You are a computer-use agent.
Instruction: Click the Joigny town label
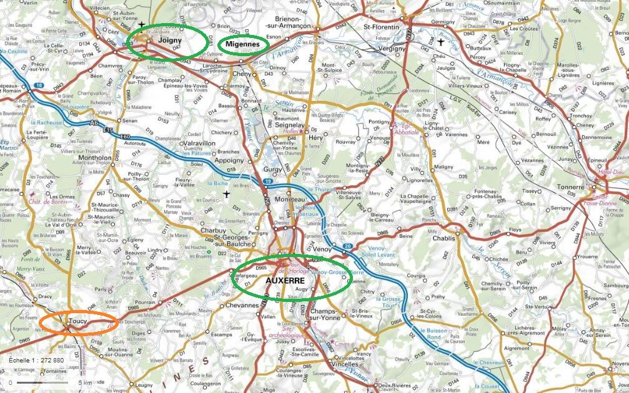pos(170,41)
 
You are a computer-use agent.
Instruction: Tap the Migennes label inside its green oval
pos(243,44)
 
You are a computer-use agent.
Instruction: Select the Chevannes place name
pos(240,305)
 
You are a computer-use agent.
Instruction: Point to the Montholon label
pos(96,158)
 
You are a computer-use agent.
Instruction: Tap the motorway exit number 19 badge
pos(267,181)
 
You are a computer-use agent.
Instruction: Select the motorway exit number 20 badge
pos(347,246)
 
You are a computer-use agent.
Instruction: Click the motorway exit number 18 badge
pos(41,85)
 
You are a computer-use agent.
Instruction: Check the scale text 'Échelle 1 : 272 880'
pos(36,361)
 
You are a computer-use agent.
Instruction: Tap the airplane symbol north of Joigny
pos(142,24)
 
